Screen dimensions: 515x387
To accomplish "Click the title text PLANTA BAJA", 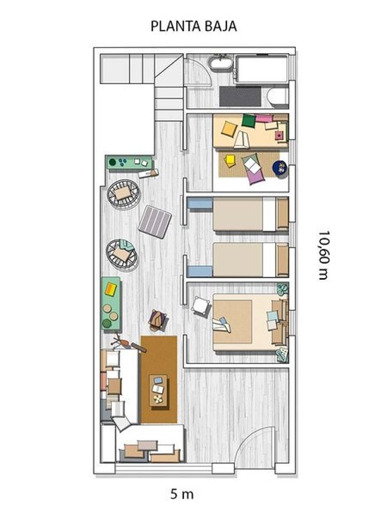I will tap(193, 26).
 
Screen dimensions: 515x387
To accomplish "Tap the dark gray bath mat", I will tap(240, 96).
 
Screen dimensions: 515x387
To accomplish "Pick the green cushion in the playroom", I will tap(248, 121).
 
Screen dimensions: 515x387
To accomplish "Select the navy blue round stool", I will tap(280, 168).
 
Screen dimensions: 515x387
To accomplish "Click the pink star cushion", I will tap(279, 136).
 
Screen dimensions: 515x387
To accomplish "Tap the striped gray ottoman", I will tap(155, 221).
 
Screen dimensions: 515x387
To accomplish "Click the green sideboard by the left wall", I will tap(110, 303).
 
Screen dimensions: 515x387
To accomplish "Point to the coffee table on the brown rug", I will tap(158, 390).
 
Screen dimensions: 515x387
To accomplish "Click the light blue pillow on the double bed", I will tap(272, 315).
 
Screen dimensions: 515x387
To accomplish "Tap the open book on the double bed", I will tap(221, 325).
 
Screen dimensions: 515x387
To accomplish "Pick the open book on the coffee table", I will tap(158, 389).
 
